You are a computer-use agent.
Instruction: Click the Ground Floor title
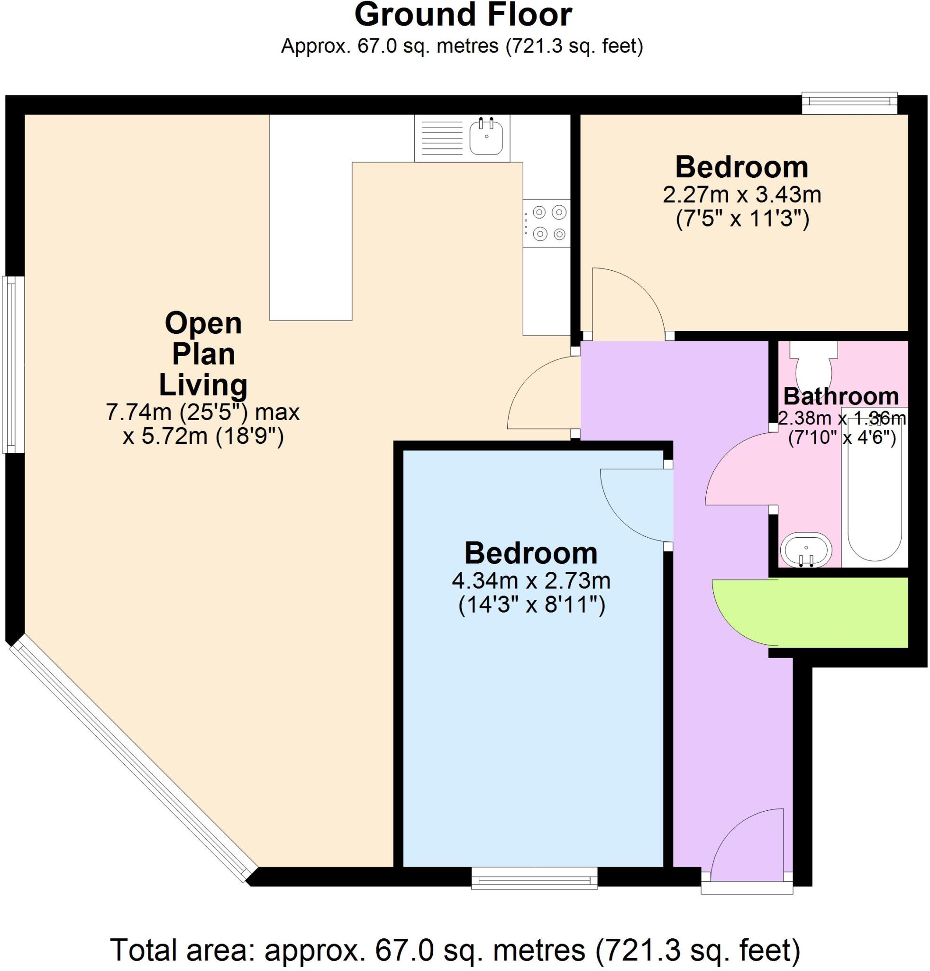tap(463, 15)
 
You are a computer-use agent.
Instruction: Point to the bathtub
tap(874, 495)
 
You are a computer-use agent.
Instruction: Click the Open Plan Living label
tap(203, 354)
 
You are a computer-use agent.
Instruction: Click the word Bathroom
tap(841, 397)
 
